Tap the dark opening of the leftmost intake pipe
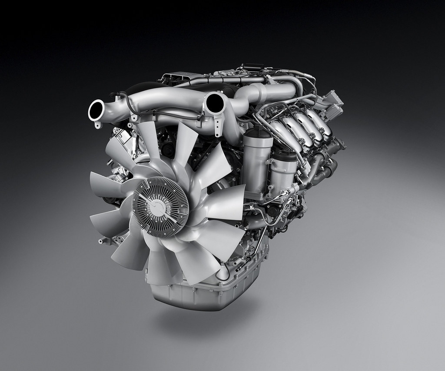point(96,110)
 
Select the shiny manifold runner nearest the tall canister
point(285,130)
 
